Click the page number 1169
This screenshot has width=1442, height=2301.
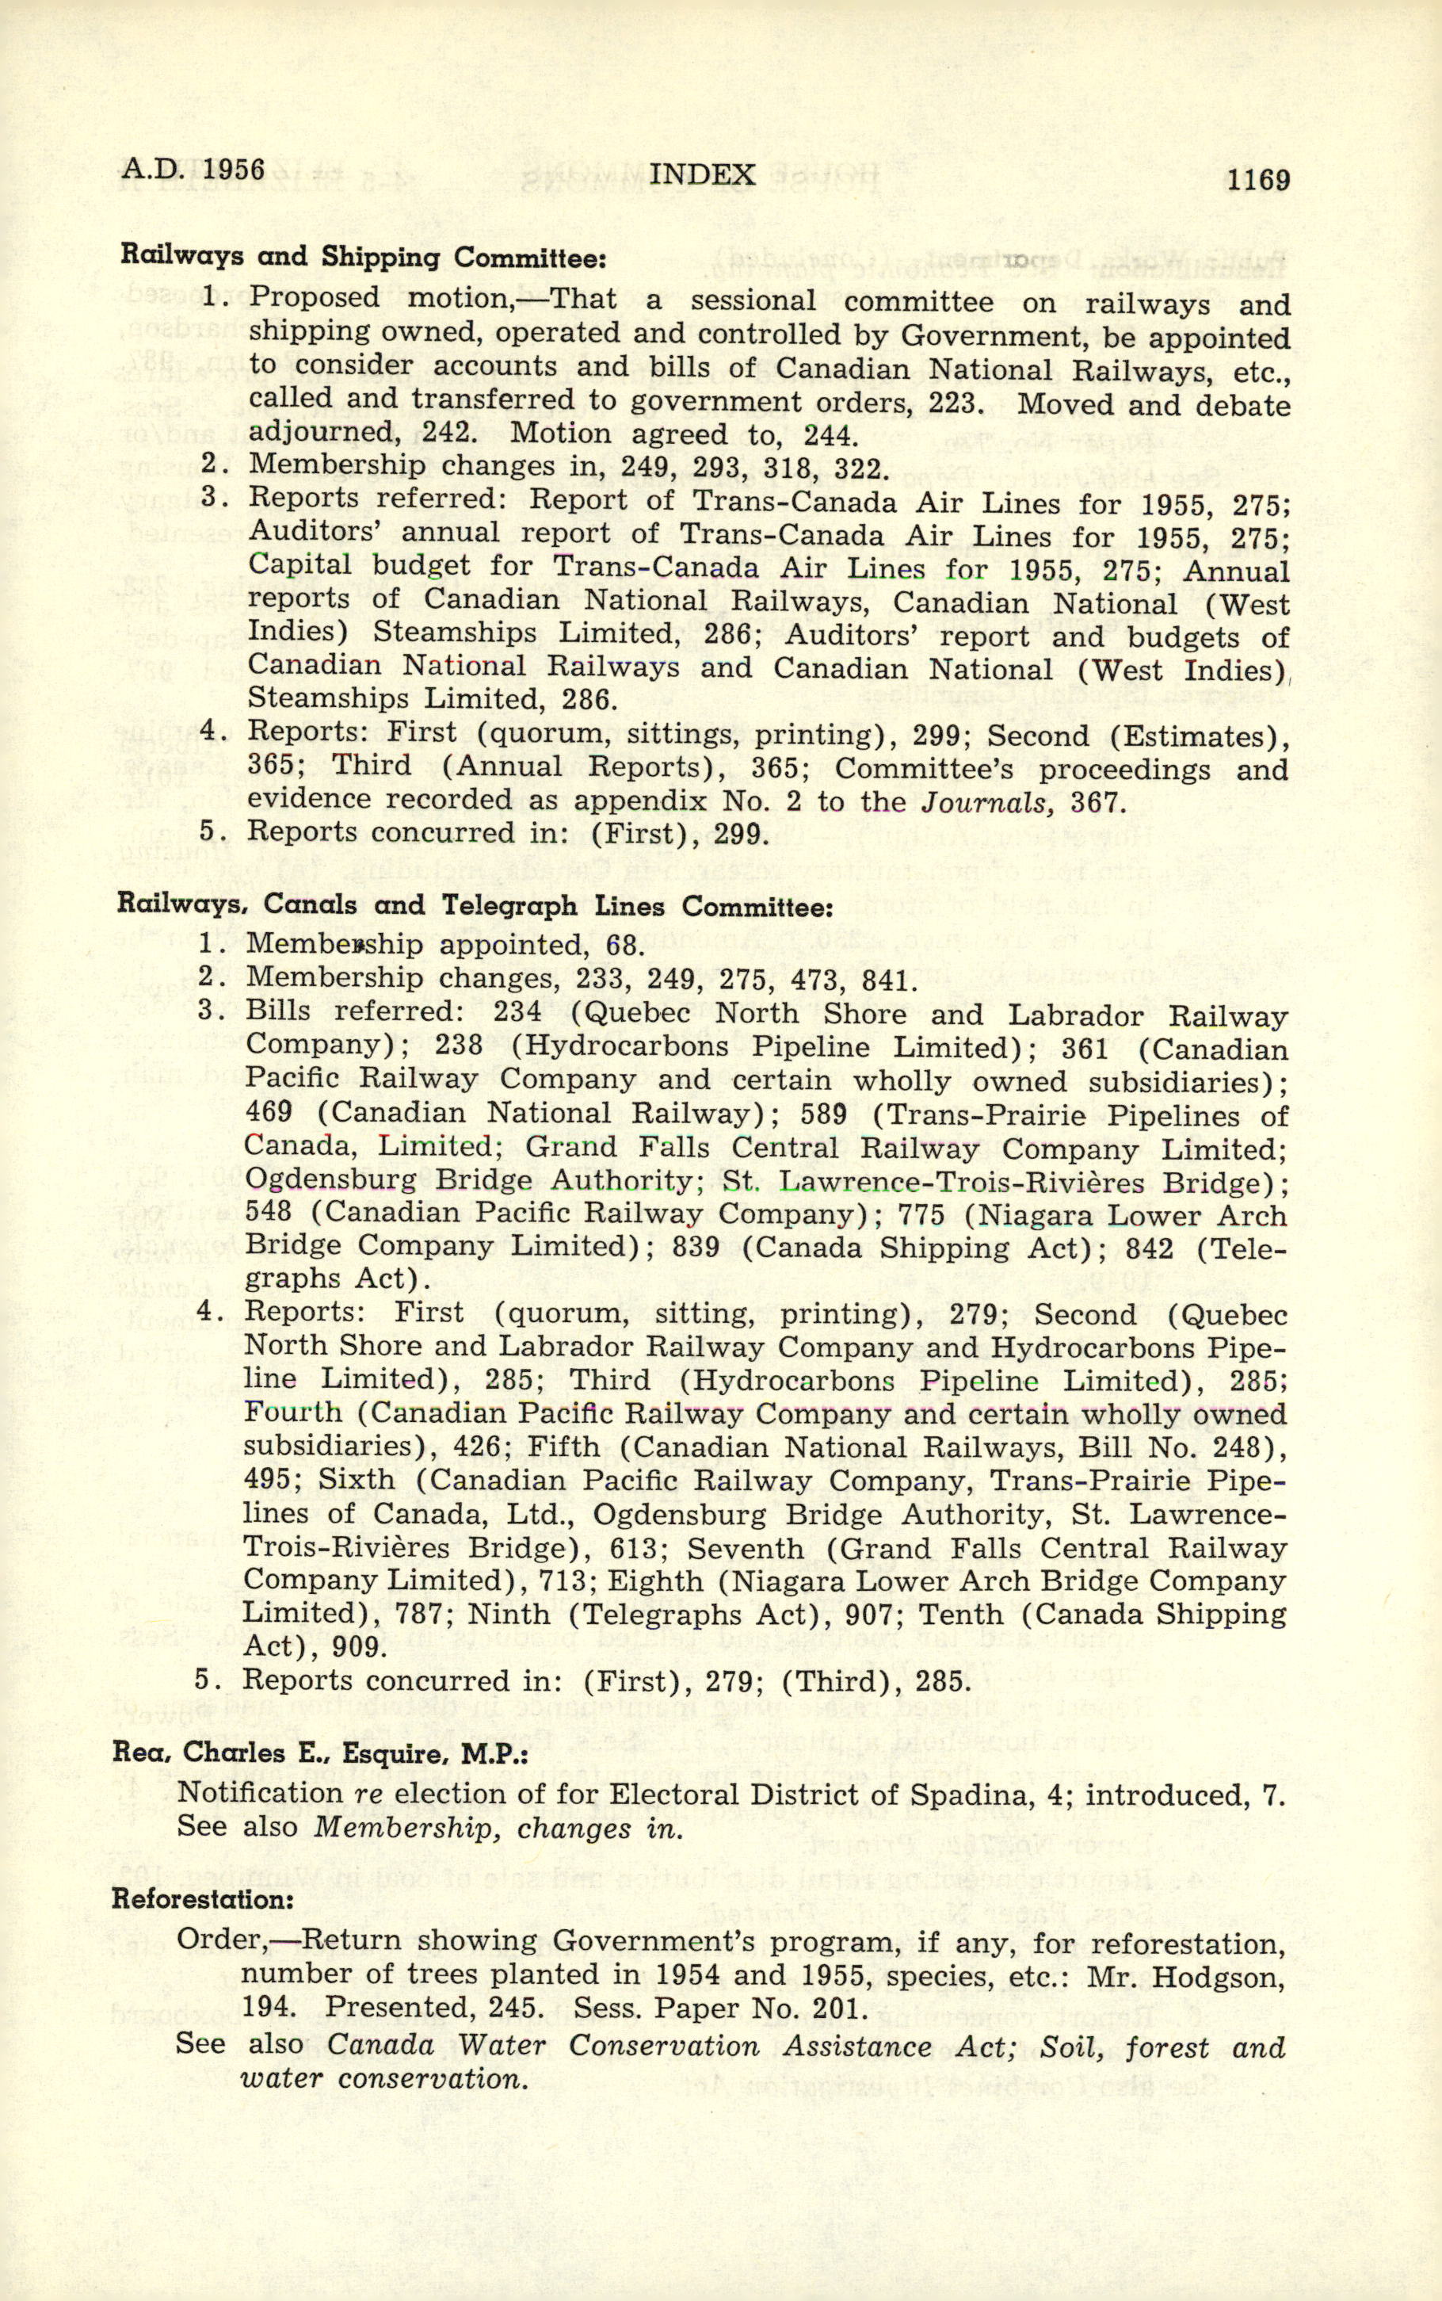1259,179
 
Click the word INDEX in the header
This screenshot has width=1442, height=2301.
702,174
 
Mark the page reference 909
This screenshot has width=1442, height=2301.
360,1648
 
